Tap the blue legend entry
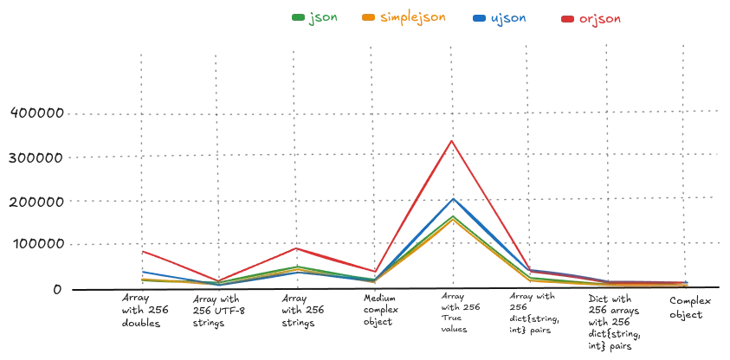click(x=501, y=18)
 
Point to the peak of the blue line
click(x=452, y=199)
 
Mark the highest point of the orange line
click(x=452, y=221)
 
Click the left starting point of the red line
click(x=140, y=251)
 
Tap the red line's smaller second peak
click(x=297, y=247)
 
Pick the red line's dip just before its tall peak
click(x=374, y=270)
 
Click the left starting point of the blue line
click(x=140, y=272)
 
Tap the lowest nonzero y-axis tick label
click(x=37, y=242)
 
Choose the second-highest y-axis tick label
click(x=37, y=159)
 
